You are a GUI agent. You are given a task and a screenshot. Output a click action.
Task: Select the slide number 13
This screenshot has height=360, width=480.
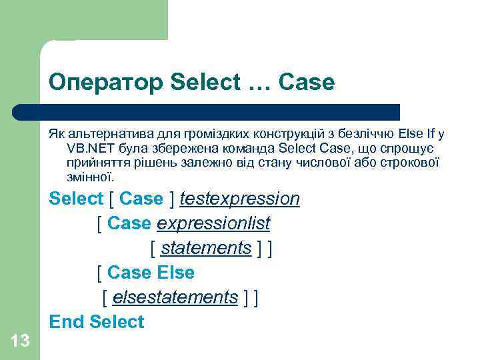pyautogui.click(x=21, y=341)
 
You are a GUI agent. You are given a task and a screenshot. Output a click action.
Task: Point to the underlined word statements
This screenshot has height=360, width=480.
pyautogui.click(x=206, y=248)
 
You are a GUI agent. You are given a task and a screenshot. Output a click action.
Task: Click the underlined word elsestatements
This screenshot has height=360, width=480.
pyautogui.click(x=175, y=297)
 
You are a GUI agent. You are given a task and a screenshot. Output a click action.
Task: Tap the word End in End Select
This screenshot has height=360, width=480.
pyautogui.click(x=66, y=322)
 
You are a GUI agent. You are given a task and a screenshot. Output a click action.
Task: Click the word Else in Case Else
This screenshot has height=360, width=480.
pyautogui.click(x=175, y=273)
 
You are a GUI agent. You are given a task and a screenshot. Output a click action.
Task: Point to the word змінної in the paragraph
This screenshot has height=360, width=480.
pyautogui.click(x=90, y=177)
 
